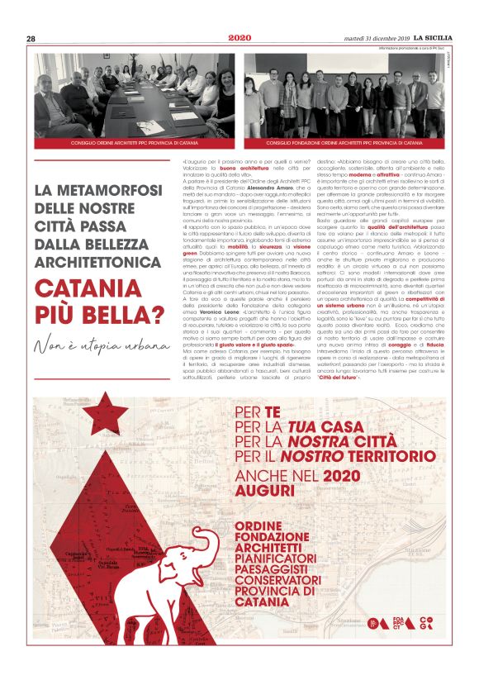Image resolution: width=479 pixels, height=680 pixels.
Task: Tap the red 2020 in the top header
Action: pyautogui.click(x=239, y=38)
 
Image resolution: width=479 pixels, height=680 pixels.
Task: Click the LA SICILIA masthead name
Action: pyautogui.click(x=438, y=38)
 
